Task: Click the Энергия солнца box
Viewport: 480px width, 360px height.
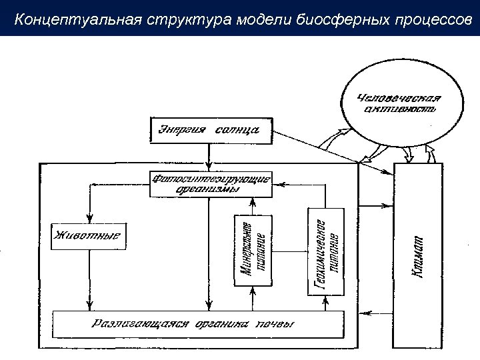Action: [x=209, y=130]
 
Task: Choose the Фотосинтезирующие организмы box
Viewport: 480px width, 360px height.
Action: [x=211, y=183]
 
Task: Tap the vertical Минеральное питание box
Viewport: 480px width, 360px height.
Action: [x=253, y=250]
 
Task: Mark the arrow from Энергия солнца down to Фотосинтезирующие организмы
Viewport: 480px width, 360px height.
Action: [x=209, y=157]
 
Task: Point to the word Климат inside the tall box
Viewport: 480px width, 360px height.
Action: [x=418, y=257]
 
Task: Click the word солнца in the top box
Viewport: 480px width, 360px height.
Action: [x=236, y=129]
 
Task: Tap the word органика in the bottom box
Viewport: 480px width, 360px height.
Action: [x=222, y=324]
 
